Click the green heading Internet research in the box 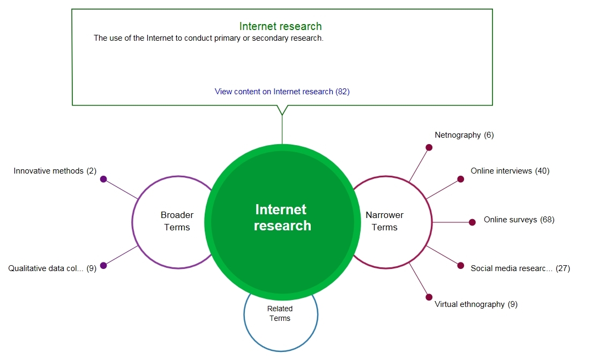pos(280,26)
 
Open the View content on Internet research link pos(282,92)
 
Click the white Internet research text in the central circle pos(282,217)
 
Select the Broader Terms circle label pos(177,221)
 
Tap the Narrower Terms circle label pos(385,221)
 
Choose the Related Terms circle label pos(280,313)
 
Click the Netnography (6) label pos(464,135)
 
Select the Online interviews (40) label pos(510,171)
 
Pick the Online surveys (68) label pos(519,220)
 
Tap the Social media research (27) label pos(520,268)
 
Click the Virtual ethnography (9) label pos(476,304)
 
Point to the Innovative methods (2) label pos(55,171)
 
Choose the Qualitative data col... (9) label pos(53,268)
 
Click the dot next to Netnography pos(429,147)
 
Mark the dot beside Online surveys pos(472,222)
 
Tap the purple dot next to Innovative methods pos(103,179)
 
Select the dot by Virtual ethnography pos(429,297)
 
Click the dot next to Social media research pos(461,266)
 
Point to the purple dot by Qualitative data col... pos(103,266)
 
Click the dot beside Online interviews pos(461,179)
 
